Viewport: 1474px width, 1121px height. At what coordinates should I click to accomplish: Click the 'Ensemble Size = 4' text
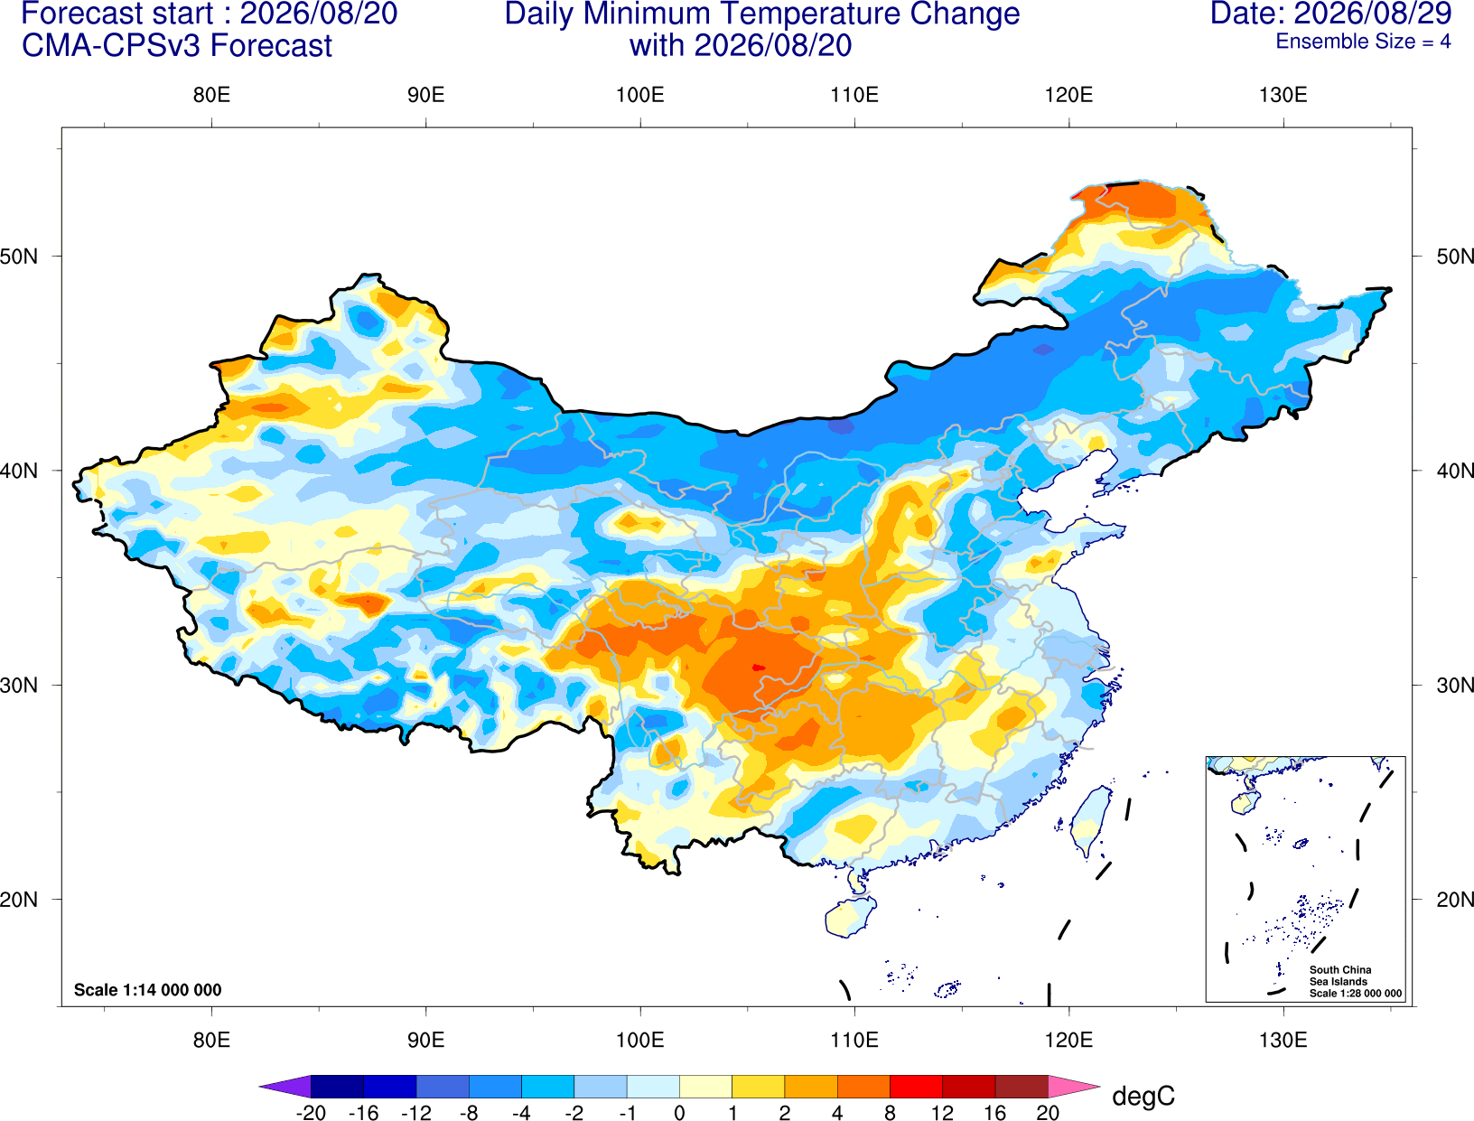click(1363, 41)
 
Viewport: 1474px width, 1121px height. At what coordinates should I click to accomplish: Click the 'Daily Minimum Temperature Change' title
click(762, 14)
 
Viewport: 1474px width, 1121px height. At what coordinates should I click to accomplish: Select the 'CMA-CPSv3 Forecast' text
click(177, 46)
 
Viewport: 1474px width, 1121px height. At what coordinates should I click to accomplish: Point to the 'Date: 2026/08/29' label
click(1331, 14)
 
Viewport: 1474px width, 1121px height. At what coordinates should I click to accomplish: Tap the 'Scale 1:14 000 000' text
click(148, 990)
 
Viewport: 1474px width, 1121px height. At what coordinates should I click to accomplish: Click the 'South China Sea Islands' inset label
click(1340, 976)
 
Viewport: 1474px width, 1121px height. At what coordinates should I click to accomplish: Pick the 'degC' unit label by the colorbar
click(1143, 1096)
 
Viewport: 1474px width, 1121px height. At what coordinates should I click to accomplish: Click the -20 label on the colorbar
click(311, 1113)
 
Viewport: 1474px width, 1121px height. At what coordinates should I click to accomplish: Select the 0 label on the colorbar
click(679, 1113)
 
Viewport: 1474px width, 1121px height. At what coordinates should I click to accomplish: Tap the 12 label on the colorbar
click(942, 1113)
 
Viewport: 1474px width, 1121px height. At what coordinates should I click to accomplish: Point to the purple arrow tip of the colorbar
click(285, 1086)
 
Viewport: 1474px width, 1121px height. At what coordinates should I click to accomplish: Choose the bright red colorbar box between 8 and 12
click(916, 1086)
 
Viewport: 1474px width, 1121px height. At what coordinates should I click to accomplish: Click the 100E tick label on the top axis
click(640, 95)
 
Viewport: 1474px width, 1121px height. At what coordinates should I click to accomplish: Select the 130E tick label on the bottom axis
click(1283, 1040)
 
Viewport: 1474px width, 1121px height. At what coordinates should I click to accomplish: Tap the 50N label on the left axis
click(19, 256)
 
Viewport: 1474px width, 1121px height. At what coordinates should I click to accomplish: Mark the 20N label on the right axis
click(1455, 900)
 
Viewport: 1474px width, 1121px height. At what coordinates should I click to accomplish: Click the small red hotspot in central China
click(758, 668)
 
